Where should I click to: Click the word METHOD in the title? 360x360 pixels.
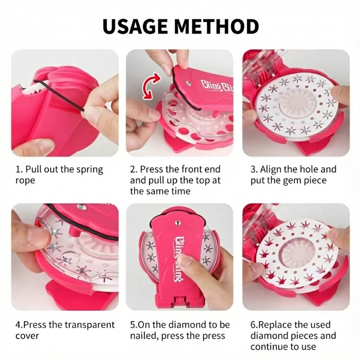[217, 26]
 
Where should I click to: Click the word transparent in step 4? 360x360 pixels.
[90, 325]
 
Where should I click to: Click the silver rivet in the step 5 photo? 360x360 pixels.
[178, 223]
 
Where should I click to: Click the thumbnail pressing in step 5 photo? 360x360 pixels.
[184, 261]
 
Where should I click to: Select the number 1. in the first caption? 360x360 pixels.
[19, 169]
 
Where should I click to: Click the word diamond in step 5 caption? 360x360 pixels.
[188, 325]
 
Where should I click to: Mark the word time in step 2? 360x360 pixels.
[182, 191]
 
